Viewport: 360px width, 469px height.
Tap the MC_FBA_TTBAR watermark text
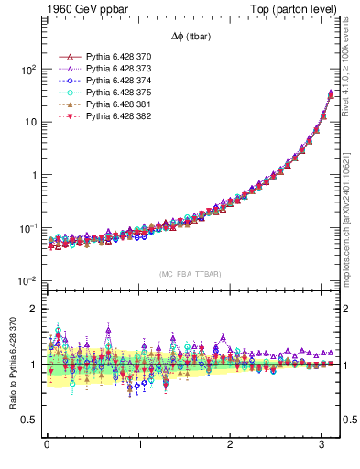point(191,274)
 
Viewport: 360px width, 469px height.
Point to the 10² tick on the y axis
point(29,70)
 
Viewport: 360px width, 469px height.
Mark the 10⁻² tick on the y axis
point(28,280)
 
